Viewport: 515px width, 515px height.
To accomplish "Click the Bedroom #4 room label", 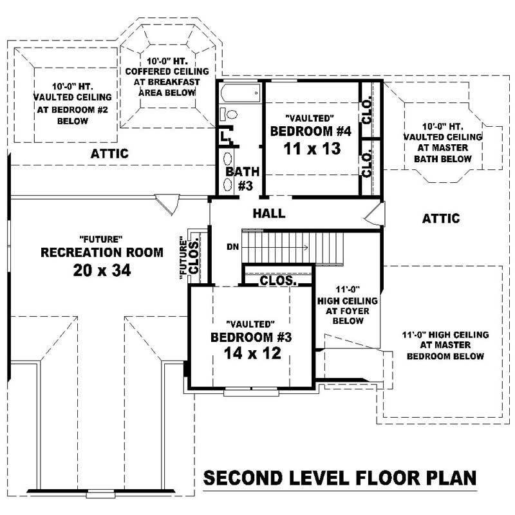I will tap(311, 131).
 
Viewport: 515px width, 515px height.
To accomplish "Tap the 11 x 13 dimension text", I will tap(311, 149).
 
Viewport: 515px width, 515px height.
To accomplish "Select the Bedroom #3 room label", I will tap(251, 337).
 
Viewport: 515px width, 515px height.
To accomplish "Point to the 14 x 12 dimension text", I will tap(252, 353).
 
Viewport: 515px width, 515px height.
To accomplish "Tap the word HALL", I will tap(269, 214).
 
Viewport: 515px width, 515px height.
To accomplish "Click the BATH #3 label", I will tap(242, 178).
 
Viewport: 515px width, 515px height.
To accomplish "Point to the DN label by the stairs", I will tap(232, 247).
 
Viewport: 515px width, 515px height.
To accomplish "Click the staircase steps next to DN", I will tap(293, 246).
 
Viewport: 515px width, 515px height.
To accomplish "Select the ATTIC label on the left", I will tap(109, 154).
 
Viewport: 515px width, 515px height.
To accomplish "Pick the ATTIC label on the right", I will tap(441, 219).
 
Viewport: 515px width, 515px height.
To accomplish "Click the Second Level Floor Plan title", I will tap(340, 478).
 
